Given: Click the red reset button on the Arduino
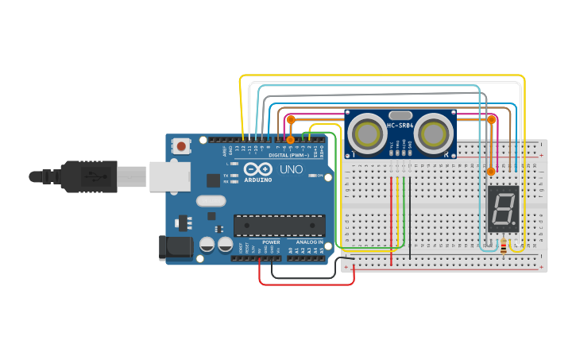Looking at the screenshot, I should [182, 145].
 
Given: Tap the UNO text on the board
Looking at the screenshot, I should [292, 169].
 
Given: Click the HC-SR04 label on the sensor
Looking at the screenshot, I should [400, 126].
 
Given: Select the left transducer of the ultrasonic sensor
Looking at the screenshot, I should [368, 132].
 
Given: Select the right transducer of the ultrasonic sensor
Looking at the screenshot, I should [433, 132].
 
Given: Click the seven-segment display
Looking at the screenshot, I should [503, 209].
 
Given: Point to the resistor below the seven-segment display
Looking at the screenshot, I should [504, 247].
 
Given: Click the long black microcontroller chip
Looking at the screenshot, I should [279, 225].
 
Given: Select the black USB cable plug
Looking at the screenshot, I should [90, 176].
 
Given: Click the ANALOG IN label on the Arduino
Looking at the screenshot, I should [310, 242].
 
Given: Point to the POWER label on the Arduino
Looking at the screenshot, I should [271, 242].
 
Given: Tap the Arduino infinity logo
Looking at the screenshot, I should [258, 169].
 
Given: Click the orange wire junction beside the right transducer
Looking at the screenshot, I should [491, 120].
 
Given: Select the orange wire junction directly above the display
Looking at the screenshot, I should [491, 171].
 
